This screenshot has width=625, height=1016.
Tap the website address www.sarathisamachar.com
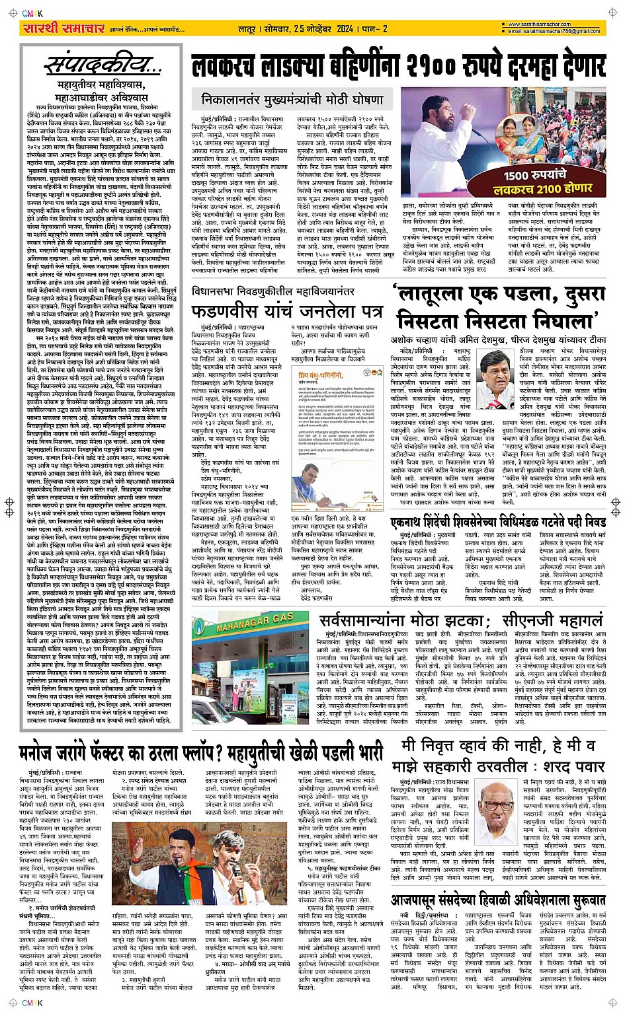pyautogui.click(x=556, y=24)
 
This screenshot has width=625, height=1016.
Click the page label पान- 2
pyautogui.click(x=375, y=29)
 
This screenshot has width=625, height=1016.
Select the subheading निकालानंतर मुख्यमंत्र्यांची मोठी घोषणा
pyautogui.click(x=292, y=100)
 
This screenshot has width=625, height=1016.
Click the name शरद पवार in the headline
pyautogui.click(x=573, y=766)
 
